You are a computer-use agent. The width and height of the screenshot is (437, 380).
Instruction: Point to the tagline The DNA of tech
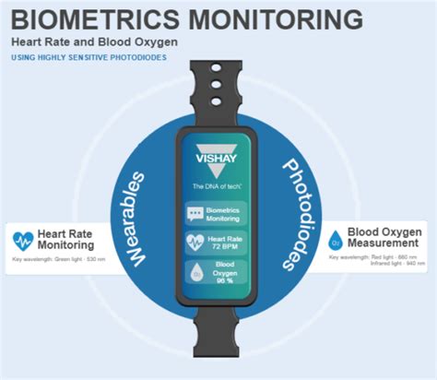[218, 186]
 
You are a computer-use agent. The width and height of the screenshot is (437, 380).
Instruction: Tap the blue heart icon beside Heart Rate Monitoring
[23, 242]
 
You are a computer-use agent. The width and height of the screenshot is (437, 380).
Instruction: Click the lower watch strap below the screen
[218, 341]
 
